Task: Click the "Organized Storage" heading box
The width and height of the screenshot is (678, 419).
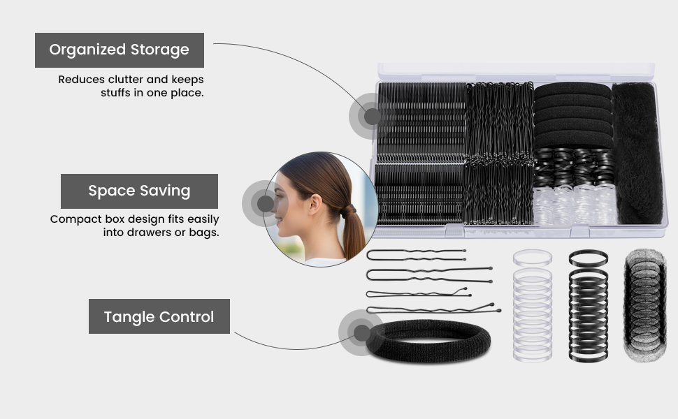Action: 120,50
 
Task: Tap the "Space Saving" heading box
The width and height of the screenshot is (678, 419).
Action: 139,191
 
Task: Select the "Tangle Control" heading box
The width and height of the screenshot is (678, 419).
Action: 159,316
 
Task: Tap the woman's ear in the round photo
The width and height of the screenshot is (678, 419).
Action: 315,204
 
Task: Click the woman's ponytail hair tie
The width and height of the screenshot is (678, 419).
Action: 349,211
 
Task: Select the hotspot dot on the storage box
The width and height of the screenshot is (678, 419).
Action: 372,116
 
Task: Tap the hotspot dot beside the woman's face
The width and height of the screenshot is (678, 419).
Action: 265,203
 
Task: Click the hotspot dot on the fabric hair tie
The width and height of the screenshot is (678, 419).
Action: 361,332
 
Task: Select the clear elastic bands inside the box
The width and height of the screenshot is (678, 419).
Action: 574,205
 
